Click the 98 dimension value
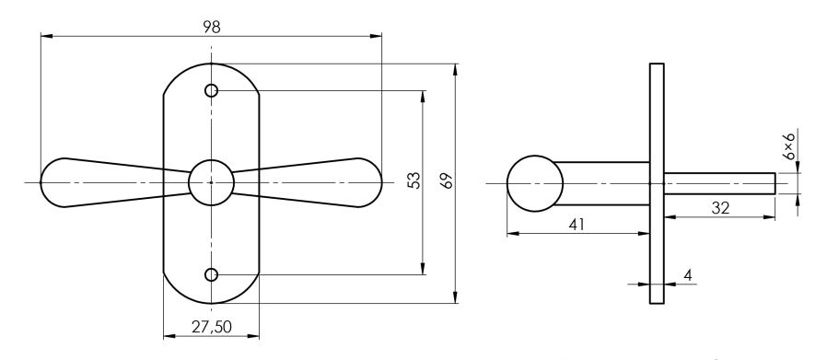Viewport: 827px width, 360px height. pyautogui.click(x=212, y=28)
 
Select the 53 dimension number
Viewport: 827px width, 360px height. pyautogui.click(x=415, y=180)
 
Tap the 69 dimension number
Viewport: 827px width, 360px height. pyautogui.click(x=448, y=180)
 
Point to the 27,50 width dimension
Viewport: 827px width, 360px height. pyautogui.click(x=212, y=327)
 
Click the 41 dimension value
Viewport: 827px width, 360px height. pyautogui.click(x=577, y=224)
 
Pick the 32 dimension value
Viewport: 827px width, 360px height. pyautogui.click(x=720, y=208)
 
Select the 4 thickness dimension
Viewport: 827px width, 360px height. pyautogui.click(x=687, y=274)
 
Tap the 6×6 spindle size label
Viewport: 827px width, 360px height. pyautogui.click(x=788, y=146)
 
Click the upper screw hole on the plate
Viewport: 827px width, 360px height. pyautogui.click(x=211, y=90)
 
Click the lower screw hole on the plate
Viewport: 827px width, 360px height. pyautogui.click(x=211, y=274)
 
